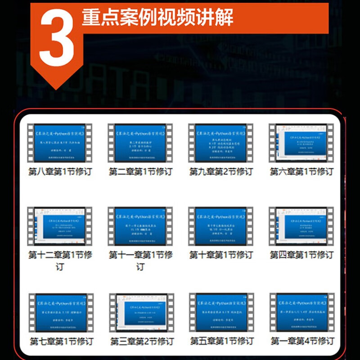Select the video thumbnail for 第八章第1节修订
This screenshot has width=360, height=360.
[x=60, y=143]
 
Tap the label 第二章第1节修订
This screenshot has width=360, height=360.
[x=140, y=171]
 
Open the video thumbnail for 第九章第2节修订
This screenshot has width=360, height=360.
[x=221, y=143]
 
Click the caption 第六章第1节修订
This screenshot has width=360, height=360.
[x=301, y=171]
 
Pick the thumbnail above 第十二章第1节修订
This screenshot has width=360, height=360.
[x=60, y=226]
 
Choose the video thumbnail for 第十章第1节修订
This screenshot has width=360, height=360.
[x=221, y=226]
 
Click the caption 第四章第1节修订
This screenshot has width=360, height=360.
[x=301, y=255]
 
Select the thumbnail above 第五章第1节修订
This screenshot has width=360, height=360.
[x=221, y=312]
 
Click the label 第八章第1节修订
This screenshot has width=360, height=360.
[x=60, y=171]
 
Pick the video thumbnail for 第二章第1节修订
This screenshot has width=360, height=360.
[x=140, y=143]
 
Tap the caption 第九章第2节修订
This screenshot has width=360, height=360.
[x=221, y=171]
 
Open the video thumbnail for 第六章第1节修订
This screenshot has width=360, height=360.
[x=301, y=143]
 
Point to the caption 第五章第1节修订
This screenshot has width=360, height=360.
[x=221, y=341]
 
